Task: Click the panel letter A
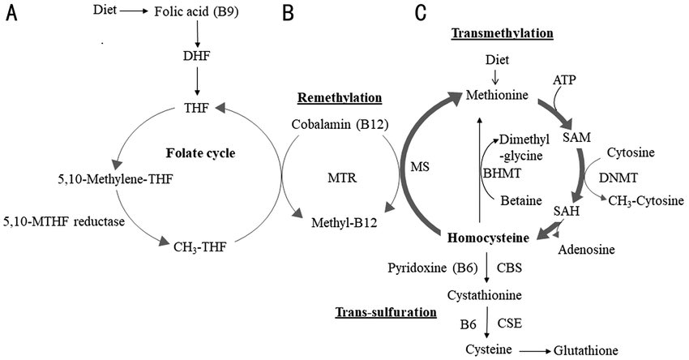point(11,15)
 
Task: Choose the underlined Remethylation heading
point(339,98)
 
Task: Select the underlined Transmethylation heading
point(502,33)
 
